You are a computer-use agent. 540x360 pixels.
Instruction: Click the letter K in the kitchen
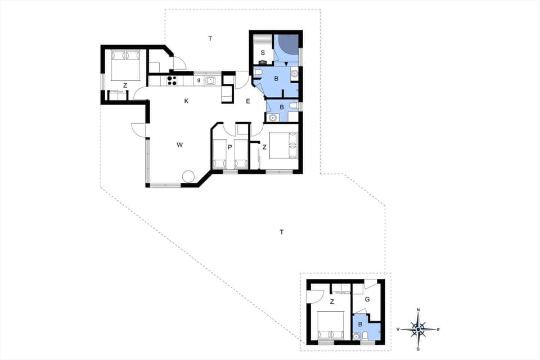pos(186,101)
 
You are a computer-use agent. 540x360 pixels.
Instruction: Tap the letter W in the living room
pos(179,145)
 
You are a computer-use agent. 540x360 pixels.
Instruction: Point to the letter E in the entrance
pos(247,101)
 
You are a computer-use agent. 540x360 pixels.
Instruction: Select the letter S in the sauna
pos(262,53)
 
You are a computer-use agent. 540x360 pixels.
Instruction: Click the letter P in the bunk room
pos(230,147)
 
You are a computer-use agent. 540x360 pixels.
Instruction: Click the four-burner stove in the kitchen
pos(172,80)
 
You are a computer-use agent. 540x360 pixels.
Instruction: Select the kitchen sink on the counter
pos(210,80)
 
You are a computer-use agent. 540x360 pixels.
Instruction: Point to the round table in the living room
pos(188,177)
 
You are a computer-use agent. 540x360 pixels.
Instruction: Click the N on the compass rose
pos(418,310)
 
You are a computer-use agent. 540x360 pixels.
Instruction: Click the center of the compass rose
pos(418,329)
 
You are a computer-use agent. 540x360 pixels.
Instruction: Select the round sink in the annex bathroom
pos(356,336)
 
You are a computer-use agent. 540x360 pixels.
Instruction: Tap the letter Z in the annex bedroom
pos(332,302)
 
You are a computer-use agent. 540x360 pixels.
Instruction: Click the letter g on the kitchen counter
pos(198,80)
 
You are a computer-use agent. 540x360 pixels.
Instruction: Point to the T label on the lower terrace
pos(281,232)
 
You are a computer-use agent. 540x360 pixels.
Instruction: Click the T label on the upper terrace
pos(210,39)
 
